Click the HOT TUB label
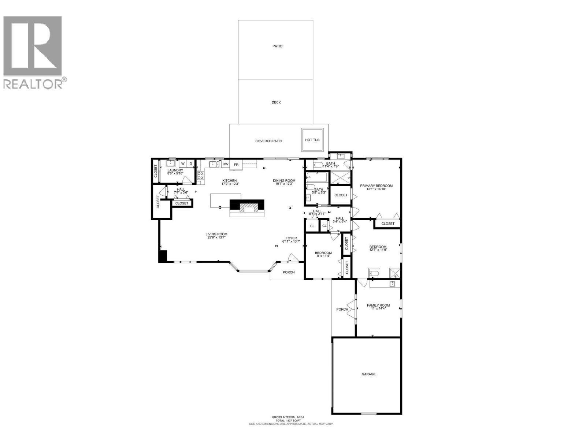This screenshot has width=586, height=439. tap(312, 140)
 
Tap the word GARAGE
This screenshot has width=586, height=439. tap(368, 374)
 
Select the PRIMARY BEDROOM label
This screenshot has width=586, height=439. tap(376, 186)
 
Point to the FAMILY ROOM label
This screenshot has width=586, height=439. tap(378, 305)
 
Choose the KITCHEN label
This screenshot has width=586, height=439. tap(230, 181)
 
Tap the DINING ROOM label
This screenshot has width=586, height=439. tap(284, 181)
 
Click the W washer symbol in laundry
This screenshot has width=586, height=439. tap(182, 164)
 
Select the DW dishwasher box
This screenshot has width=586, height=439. tap(226, 164)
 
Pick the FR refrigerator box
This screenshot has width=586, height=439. tap(236, 165)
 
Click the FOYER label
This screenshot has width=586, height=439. tap(291, 238)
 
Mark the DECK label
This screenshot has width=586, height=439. tap(276, 102)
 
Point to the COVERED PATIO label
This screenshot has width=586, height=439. tap(268, 141)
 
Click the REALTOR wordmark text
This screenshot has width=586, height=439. tap(33, 84)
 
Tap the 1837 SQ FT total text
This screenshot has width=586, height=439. tap(288, 421)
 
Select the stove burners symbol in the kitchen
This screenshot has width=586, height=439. tap(200, 176)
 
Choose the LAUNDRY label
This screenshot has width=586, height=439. tap(175, 170)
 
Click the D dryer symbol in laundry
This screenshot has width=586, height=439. tap(190, 164)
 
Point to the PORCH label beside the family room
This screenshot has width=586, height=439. tap(342, 309)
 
